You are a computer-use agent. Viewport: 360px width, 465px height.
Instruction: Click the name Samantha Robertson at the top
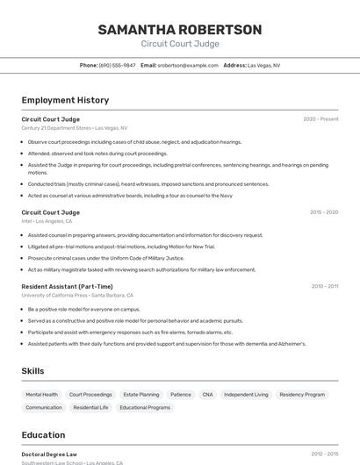click(179, 30)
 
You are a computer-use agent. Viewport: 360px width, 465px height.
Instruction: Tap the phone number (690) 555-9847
click(117, 65)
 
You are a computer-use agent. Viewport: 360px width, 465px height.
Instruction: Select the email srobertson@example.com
click(187, 65)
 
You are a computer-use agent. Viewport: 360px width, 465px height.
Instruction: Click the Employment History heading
click(65, 100)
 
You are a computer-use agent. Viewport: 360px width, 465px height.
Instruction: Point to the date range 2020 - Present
click(320, 119)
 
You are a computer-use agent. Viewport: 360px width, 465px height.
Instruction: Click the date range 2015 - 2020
click(323, 212)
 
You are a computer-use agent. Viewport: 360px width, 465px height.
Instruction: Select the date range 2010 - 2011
click(323, 286)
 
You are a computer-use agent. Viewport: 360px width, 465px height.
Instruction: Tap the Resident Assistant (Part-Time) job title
click(67, 286)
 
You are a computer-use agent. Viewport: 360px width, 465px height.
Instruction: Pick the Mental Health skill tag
click(42, 395)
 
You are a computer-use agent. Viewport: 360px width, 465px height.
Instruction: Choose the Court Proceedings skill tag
click(90, 395)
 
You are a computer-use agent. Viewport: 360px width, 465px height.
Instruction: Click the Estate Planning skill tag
click(141, 395)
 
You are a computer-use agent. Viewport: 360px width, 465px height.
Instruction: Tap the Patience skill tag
click(181, 395)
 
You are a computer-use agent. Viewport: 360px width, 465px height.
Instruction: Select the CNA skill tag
click(207, 395)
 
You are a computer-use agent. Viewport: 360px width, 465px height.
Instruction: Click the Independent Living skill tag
click(246, 395)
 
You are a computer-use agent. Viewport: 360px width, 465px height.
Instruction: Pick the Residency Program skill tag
click(302, 395)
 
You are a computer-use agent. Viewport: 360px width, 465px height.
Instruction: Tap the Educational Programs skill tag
click(145, 408)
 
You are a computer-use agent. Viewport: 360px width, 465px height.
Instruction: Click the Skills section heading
click(32, 371)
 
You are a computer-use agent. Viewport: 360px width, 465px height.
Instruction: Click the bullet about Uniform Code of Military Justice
click(105, 258)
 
